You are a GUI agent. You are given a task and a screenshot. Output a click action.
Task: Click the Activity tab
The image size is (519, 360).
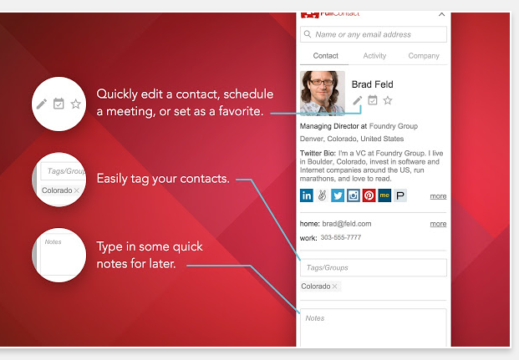pyautogui.click(x=374, y=56)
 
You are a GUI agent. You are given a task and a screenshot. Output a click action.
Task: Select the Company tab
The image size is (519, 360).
pyautogui.click(x=424, y=56)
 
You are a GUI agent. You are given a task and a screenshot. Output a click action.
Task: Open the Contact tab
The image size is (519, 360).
pyautogui.click(x=325, y=56)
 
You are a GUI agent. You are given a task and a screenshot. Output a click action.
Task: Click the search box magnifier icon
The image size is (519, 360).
pyautogui.click(x=308, y=34)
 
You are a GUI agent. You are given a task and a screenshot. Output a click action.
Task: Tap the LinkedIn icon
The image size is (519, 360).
pyautogui.click(x=307, y=195)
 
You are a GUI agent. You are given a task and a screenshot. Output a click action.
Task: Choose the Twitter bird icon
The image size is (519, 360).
pyautogui.click(x=338, y=195)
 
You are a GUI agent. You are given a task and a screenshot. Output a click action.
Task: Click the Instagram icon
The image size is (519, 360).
pyautogui.click(x=354, y=195)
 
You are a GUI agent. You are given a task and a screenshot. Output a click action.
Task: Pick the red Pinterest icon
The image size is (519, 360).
pyautogui.click(x=369, y=195)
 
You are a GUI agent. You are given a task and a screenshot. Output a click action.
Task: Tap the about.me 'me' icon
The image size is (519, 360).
pyautogui.click(x=384, y=195)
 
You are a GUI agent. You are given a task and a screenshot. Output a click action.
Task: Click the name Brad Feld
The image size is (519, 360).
pyautogui.click(x=372, y=84)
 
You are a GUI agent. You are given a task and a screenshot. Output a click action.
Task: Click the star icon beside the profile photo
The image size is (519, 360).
pyautogui.click(x=388, y=100)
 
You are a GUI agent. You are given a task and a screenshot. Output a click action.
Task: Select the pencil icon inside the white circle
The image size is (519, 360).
pyautogui.click(x=42, y=104)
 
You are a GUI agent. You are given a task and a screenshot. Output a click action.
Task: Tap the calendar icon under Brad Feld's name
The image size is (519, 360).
pyautogui.click(x=373, y=100)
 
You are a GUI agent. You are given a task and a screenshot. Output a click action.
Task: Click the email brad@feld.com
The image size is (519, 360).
pyautogui.click(x=347, y=224)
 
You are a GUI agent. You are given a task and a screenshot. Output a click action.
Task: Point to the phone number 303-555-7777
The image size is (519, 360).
pyautogui.click(x=341, y=237)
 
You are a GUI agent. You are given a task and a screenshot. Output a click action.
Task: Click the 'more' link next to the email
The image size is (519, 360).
pyautogui.click(x=438, y=224)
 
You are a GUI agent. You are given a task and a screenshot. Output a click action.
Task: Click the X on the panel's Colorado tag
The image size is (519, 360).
pyautogui.click(x=334, y=286)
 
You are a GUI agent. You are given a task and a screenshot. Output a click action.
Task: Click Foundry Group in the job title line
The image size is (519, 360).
pyautogui.click(x=394, y=126)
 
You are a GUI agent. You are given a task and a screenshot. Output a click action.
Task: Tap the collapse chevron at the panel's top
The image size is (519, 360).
pyautogui.click(x=441, y=14)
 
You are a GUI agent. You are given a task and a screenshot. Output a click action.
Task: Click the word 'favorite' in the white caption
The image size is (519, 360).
pyautogui.click(x=241, y=111)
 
